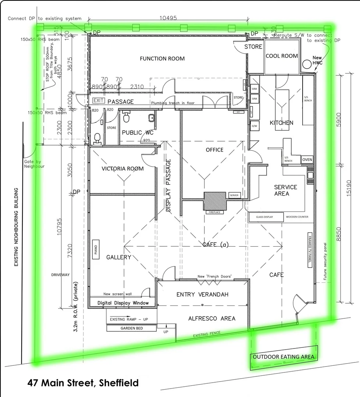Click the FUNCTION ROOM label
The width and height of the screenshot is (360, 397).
(162, 58)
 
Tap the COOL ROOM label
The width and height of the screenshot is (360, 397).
(282, 56)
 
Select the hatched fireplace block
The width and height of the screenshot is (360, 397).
(215, 201)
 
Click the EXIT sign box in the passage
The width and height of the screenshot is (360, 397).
(99, 100)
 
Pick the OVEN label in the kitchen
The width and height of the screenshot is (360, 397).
(307, 160)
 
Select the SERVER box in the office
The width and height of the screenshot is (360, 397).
(234, 195)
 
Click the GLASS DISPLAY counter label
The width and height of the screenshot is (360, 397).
(265, 217)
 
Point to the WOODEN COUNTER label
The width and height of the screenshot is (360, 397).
(297, 217)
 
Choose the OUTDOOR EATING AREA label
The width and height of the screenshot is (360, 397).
(283, 357)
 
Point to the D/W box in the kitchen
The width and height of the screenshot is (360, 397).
(254, 126)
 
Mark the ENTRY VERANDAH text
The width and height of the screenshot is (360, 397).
(203, 294)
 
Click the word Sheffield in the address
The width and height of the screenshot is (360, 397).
(117, 383)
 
